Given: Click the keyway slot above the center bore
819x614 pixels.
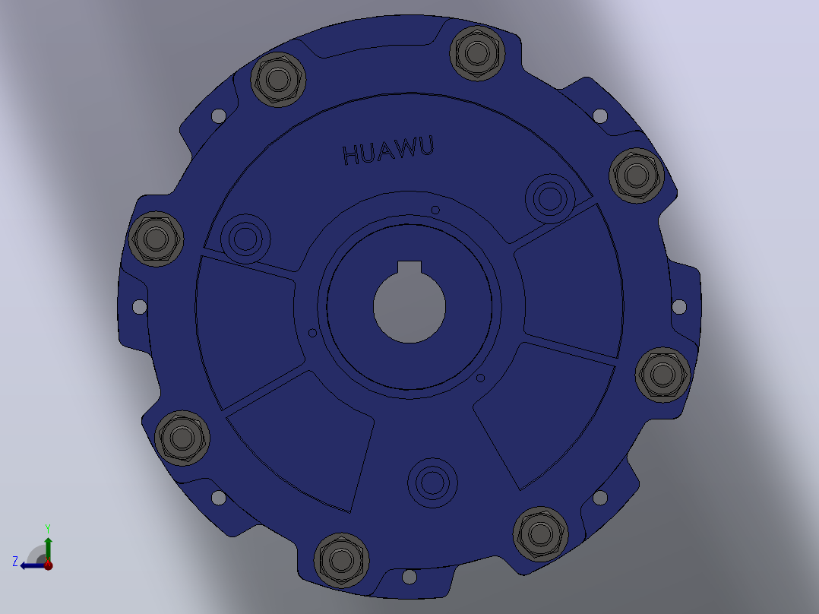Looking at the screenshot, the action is [409, 267].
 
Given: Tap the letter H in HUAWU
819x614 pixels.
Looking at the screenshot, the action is [351, 155].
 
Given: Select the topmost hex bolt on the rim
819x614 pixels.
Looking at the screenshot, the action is [477, 52].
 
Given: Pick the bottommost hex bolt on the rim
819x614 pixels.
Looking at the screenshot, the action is [342, 561].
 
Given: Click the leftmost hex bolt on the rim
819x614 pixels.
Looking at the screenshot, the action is [156, 239].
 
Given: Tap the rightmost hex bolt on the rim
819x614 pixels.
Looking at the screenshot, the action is [662, 375].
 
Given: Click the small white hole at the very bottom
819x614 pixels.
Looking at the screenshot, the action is [409, 577].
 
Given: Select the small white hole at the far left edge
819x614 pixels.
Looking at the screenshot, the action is [140, 307].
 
